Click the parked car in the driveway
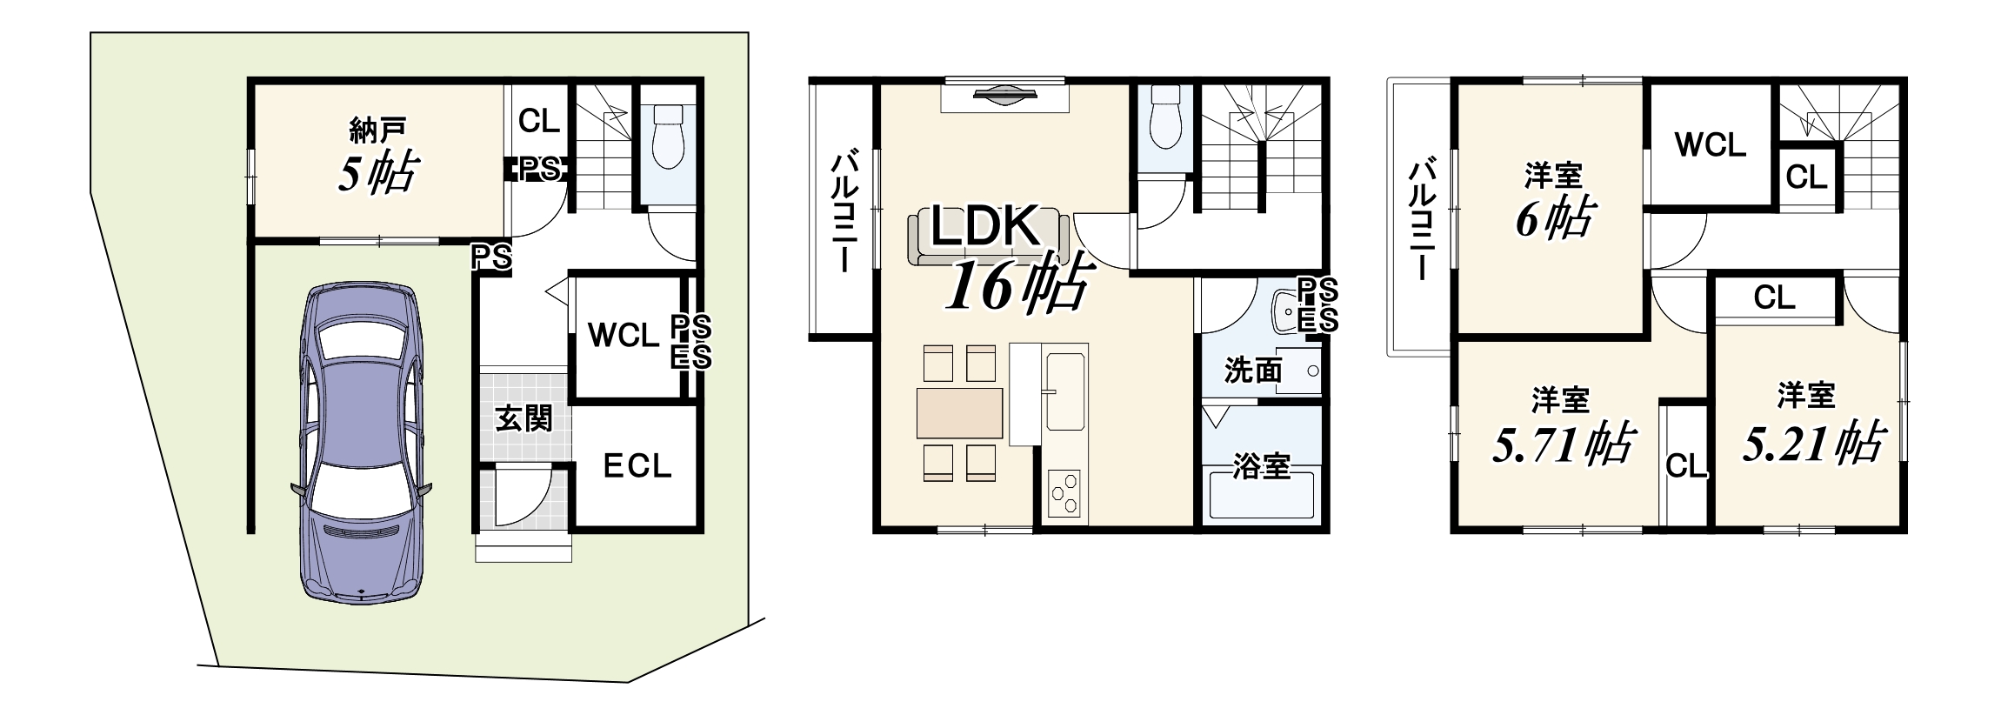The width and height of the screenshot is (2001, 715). click(361, 442)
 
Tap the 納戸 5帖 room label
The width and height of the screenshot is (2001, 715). click(378, 157)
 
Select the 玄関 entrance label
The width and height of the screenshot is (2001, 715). click(524, 418)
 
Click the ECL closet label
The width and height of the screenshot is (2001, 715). click(637, 466)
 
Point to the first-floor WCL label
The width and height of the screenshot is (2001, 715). click(623, 335)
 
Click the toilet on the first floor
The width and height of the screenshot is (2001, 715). click(668, 137)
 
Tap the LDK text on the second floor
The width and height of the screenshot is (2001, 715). click(985, 226)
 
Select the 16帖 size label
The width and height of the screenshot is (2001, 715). click(1017, 283)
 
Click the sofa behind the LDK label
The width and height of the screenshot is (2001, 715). click(988, 237)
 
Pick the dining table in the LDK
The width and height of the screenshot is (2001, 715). click(959, 413)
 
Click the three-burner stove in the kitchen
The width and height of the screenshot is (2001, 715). click(1064, 494)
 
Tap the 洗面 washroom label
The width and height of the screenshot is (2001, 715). click(1253, 371)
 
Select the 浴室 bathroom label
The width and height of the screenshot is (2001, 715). click(1261, 466)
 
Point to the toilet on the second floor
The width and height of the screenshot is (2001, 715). click(1165, 117)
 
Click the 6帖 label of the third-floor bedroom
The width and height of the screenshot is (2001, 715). click(1554, 217)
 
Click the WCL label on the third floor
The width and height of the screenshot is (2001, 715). click(1710, 144)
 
